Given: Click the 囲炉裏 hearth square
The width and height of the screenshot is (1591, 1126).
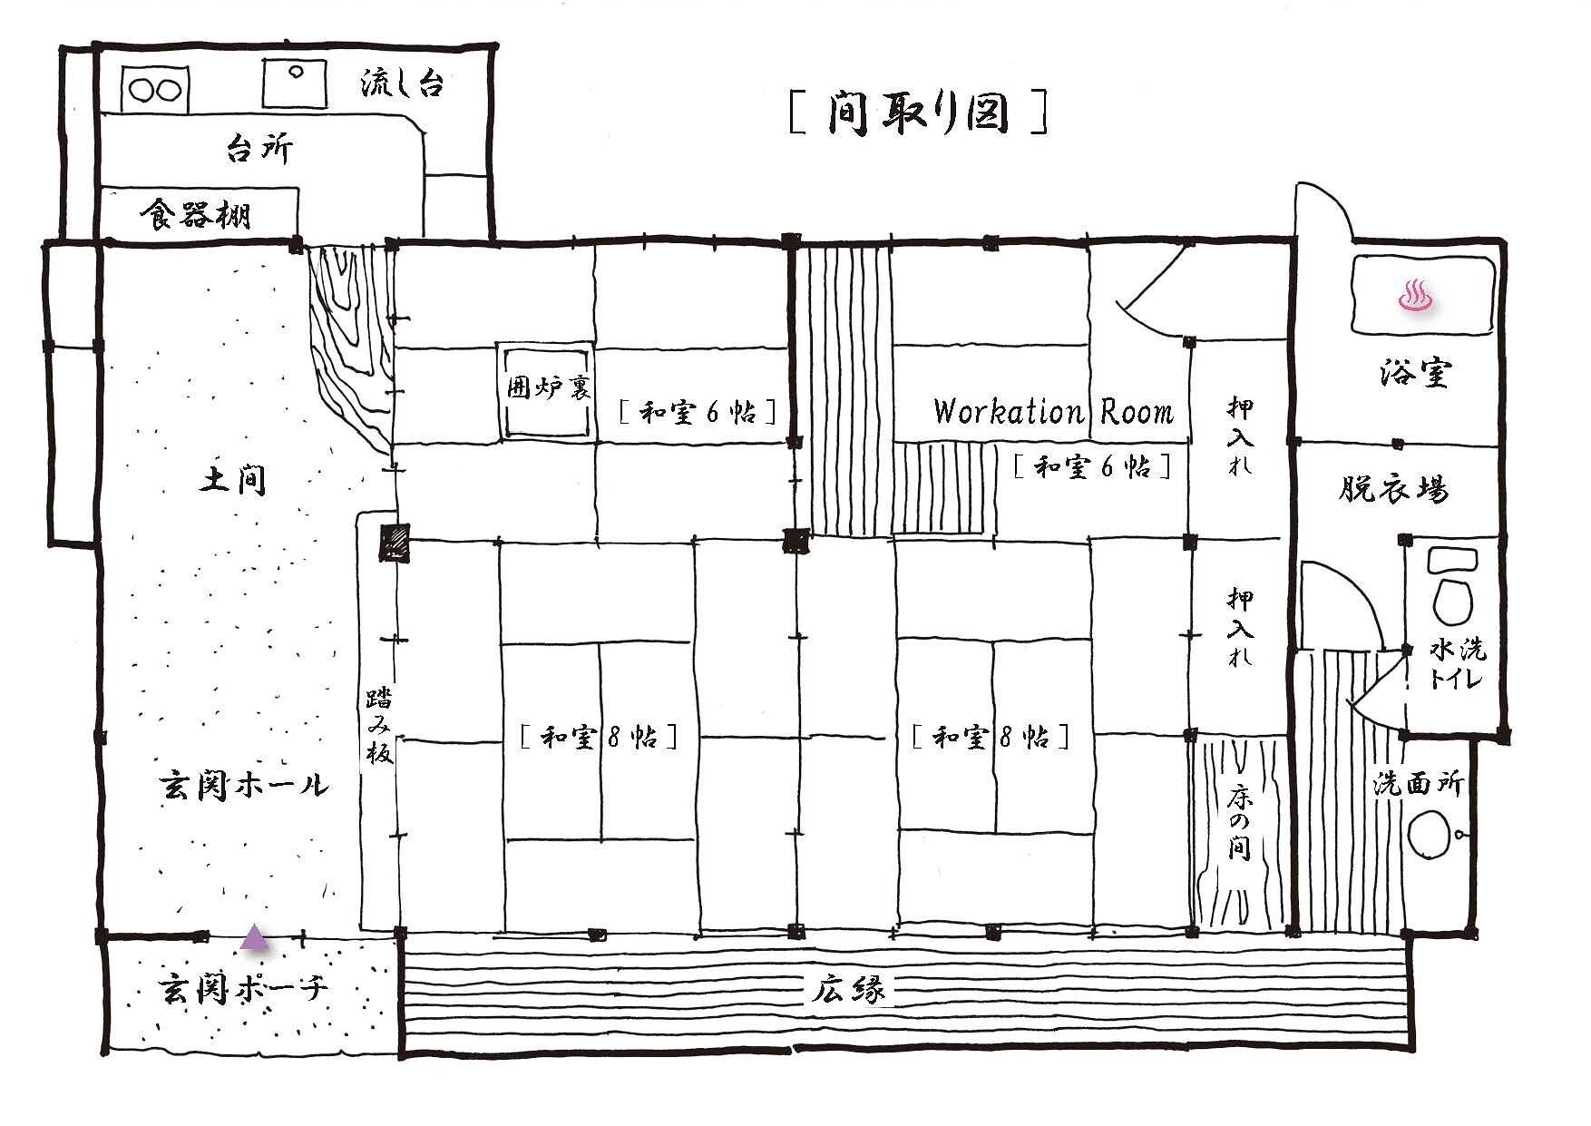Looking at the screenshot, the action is (546, 391).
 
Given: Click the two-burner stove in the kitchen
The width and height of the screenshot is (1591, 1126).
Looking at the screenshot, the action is (155, 89).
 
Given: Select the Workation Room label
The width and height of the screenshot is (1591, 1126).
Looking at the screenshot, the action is (1053, 413).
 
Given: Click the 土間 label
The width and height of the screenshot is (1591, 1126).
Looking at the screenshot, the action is (233, 479).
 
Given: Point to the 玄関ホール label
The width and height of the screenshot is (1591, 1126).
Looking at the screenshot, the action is (244, 785).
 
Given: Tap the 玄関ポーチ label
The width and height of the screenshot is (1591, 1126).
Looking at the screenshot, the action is (243, 987).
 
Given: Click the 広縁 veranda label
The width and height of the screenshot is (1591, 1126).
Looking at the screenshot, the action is (848, 990).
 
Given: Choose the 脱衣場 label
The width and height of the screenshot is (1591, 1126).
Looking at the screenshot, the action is (1394, 490).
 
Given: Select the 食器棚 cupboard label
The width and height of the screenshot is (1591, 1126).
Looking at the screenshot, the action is (196, 216).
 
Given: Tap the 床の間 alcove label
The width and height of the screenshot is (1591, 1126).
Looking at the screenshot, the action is (1239, 822).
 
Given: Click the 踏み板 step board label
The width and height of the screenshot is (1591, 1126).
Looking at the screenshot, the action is (379, 726).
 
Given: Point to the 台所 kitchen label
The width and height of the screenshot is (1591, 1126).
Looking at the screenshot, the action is (259, 148).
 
